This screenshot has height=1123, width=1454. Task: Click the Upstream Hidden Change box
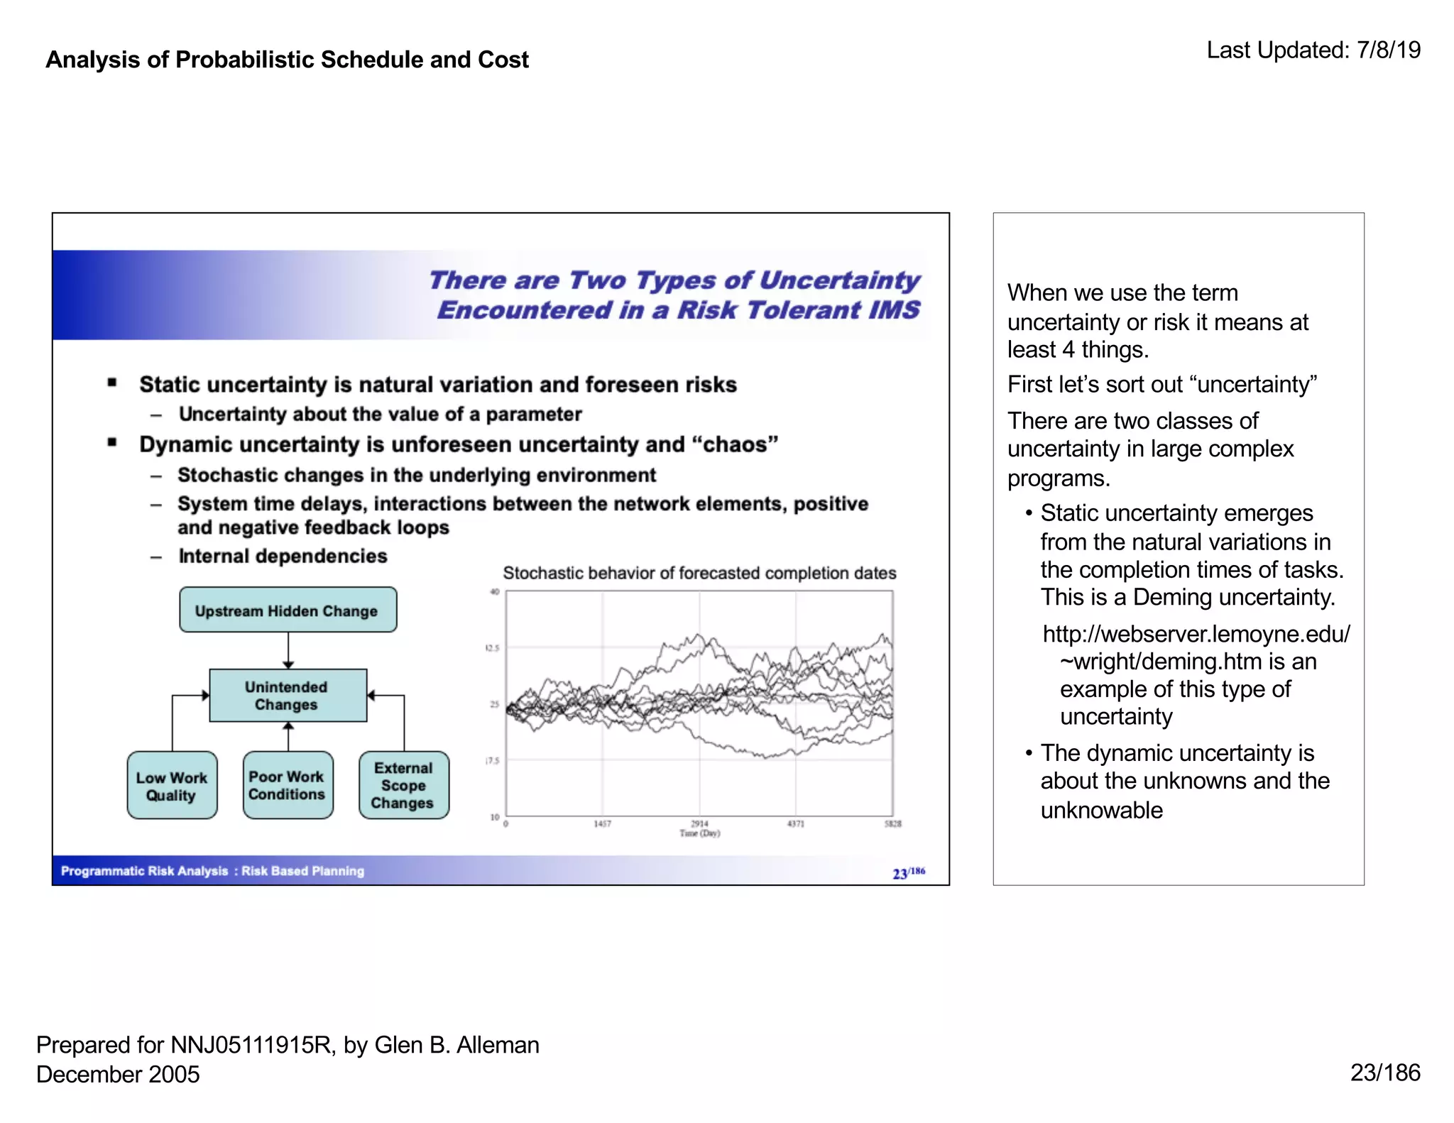288,610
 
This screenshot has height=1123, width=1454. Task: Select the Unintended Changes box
288,696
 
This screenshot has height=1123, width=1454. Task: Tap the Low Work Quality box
172,786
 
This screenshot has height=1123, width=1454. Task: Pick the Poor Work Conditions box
288,785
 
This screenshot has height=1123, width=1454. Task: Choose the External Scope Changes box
403,785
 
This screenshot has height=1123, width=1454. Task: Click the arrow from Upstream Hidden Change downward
288,650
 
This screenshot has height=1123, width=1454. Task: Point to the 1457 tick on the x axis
602,823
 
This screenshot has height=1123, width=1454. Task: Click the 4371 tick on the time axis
795,823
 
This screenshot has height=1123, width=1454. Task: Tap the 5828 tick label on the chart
892,823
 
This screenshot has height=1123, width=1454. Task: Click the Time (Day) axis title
700,833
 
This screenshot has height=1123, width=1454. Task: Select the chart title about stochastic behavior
699,573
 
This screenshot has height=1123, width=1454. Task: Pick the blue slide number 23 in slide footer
900,873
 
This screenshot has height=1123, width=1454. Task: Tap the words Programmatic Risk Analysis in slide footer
144,871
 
